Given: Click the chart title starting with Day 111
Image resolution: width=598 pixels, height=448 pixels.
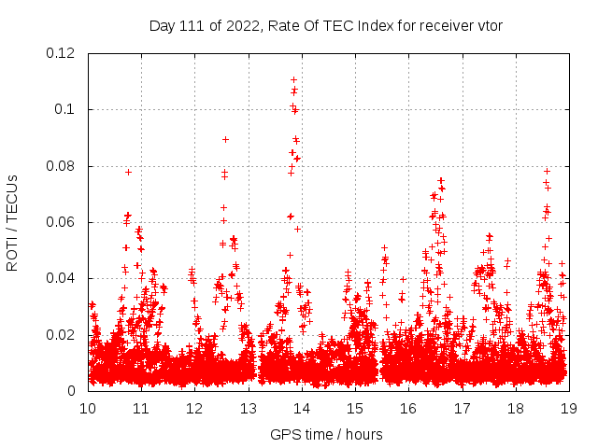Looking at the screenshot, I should pyautogui.click(x=326, y=25).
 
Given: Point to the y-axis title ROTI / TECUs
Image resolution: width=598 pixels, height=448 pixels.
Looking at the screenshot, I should pyautogui.click(x=12, y=223).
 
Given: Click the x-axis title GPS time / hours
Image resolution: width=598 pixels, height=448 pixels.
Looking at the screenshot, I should pyautogui.click(x=326, y=434).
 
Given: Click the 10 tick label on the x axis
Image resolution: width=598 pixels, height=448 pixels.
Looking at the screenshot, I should pyautogui.click(x=88, y=408).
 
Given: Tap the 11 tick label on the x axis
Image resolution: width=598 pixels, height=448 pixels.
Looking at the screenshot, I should pyautogui.click(x=141, y=408).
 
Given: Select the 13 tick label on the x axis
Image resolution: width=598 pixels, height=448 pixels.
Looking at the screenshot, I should pyautogui.click(x=248, y=408).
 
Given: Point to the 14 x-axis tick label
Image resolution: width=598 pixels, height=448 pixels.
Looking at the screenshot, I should pyautogui.click(x=301, y=408).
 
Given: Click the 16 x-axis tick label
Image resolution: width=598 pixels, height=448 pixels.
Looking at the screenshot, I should pyautogui.click(x=408, y=408).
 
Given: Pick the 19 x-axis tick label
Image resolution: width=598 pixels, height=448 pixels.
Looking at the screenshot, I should pyautogui.click(x=568, y=408).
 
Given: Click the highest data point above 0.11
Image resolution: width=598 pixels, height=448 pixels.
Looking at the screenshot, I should pyautogui.click(x=294, y=79).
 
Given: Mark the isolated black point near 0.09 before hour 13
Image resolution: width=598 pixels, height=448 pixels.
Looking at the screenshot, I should pyautogui.click(x=225, y=139).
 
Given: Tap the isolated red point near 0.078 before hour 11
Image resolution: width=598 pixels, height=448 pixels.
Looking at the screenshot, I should pyautogui.click(x=128, y=172).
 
